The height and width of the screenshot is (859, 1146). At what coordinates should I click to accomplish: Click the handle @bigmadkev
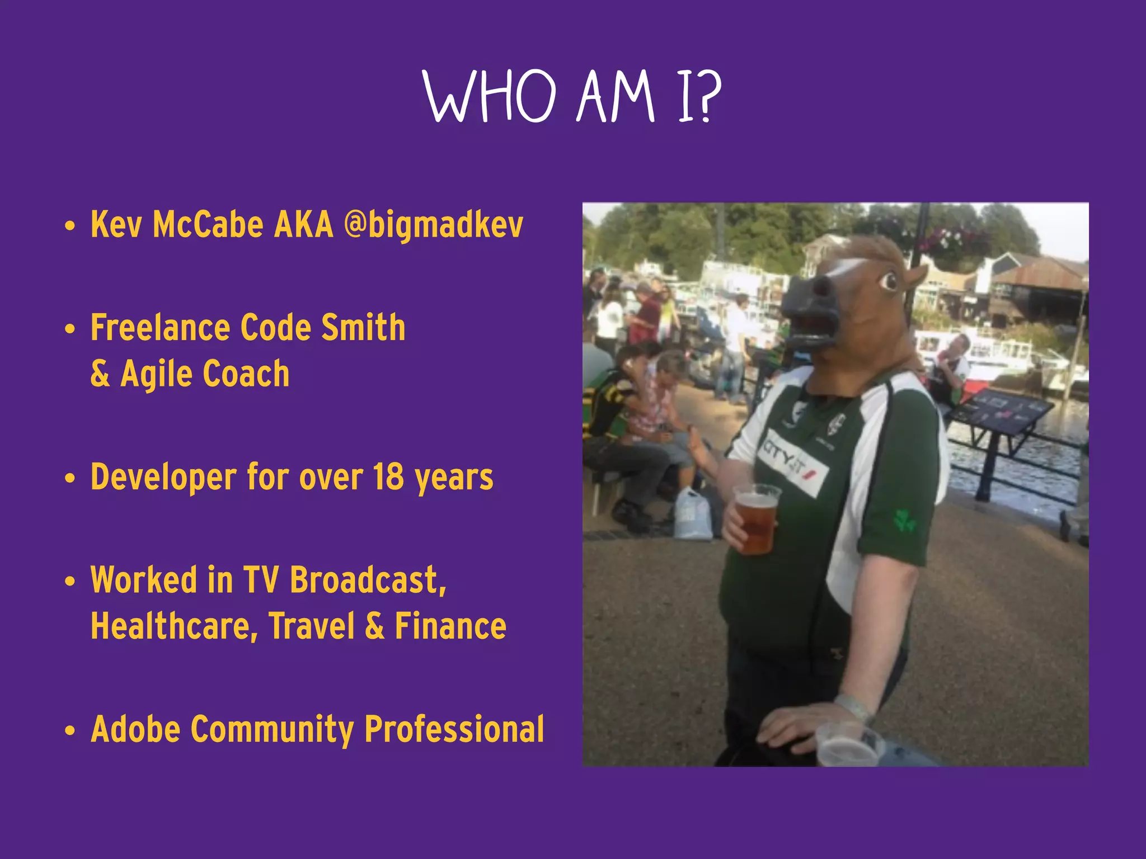pyautogui.click(x=434, y=225)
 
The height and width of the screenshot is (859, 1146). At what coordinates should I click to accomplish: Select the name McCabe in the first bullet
pyautogui.click(x=208, y=225)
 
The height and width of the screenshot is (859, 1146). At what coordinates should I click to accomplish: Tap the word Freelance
pyautogui.click(x=160, y=328)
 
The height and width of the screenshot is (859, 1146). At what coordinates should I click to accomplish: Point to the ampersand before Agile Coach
pyautogui.click(x=100, y=374)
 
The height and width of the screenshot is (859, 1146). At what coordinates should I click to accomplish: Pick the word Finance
pyautogui.click(x=450, y=626)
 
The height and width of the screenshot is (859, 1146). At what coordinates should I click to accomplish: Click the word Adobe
pyautogui.click(x=135, y=729)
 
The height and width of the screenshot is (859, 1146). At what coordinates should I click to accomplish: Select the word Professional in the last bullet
pyautogui.click(x=454, y=729)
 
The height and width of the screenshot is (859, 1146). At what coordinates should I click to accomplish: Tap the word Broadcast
pyautogui.click(x=368, y=579)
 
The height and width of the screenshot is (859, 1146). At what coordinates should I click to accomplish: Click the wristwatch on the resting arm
pyautogui.click(x=853, y=707)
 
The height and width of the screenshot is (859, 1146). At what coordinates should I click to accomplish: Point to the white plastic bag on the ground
pyautogui.click(x=693, y=515)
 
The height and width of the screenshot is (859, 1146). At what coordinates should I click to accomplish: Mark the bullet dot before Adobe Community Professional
pyautogui.click(x=69, y=730)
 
